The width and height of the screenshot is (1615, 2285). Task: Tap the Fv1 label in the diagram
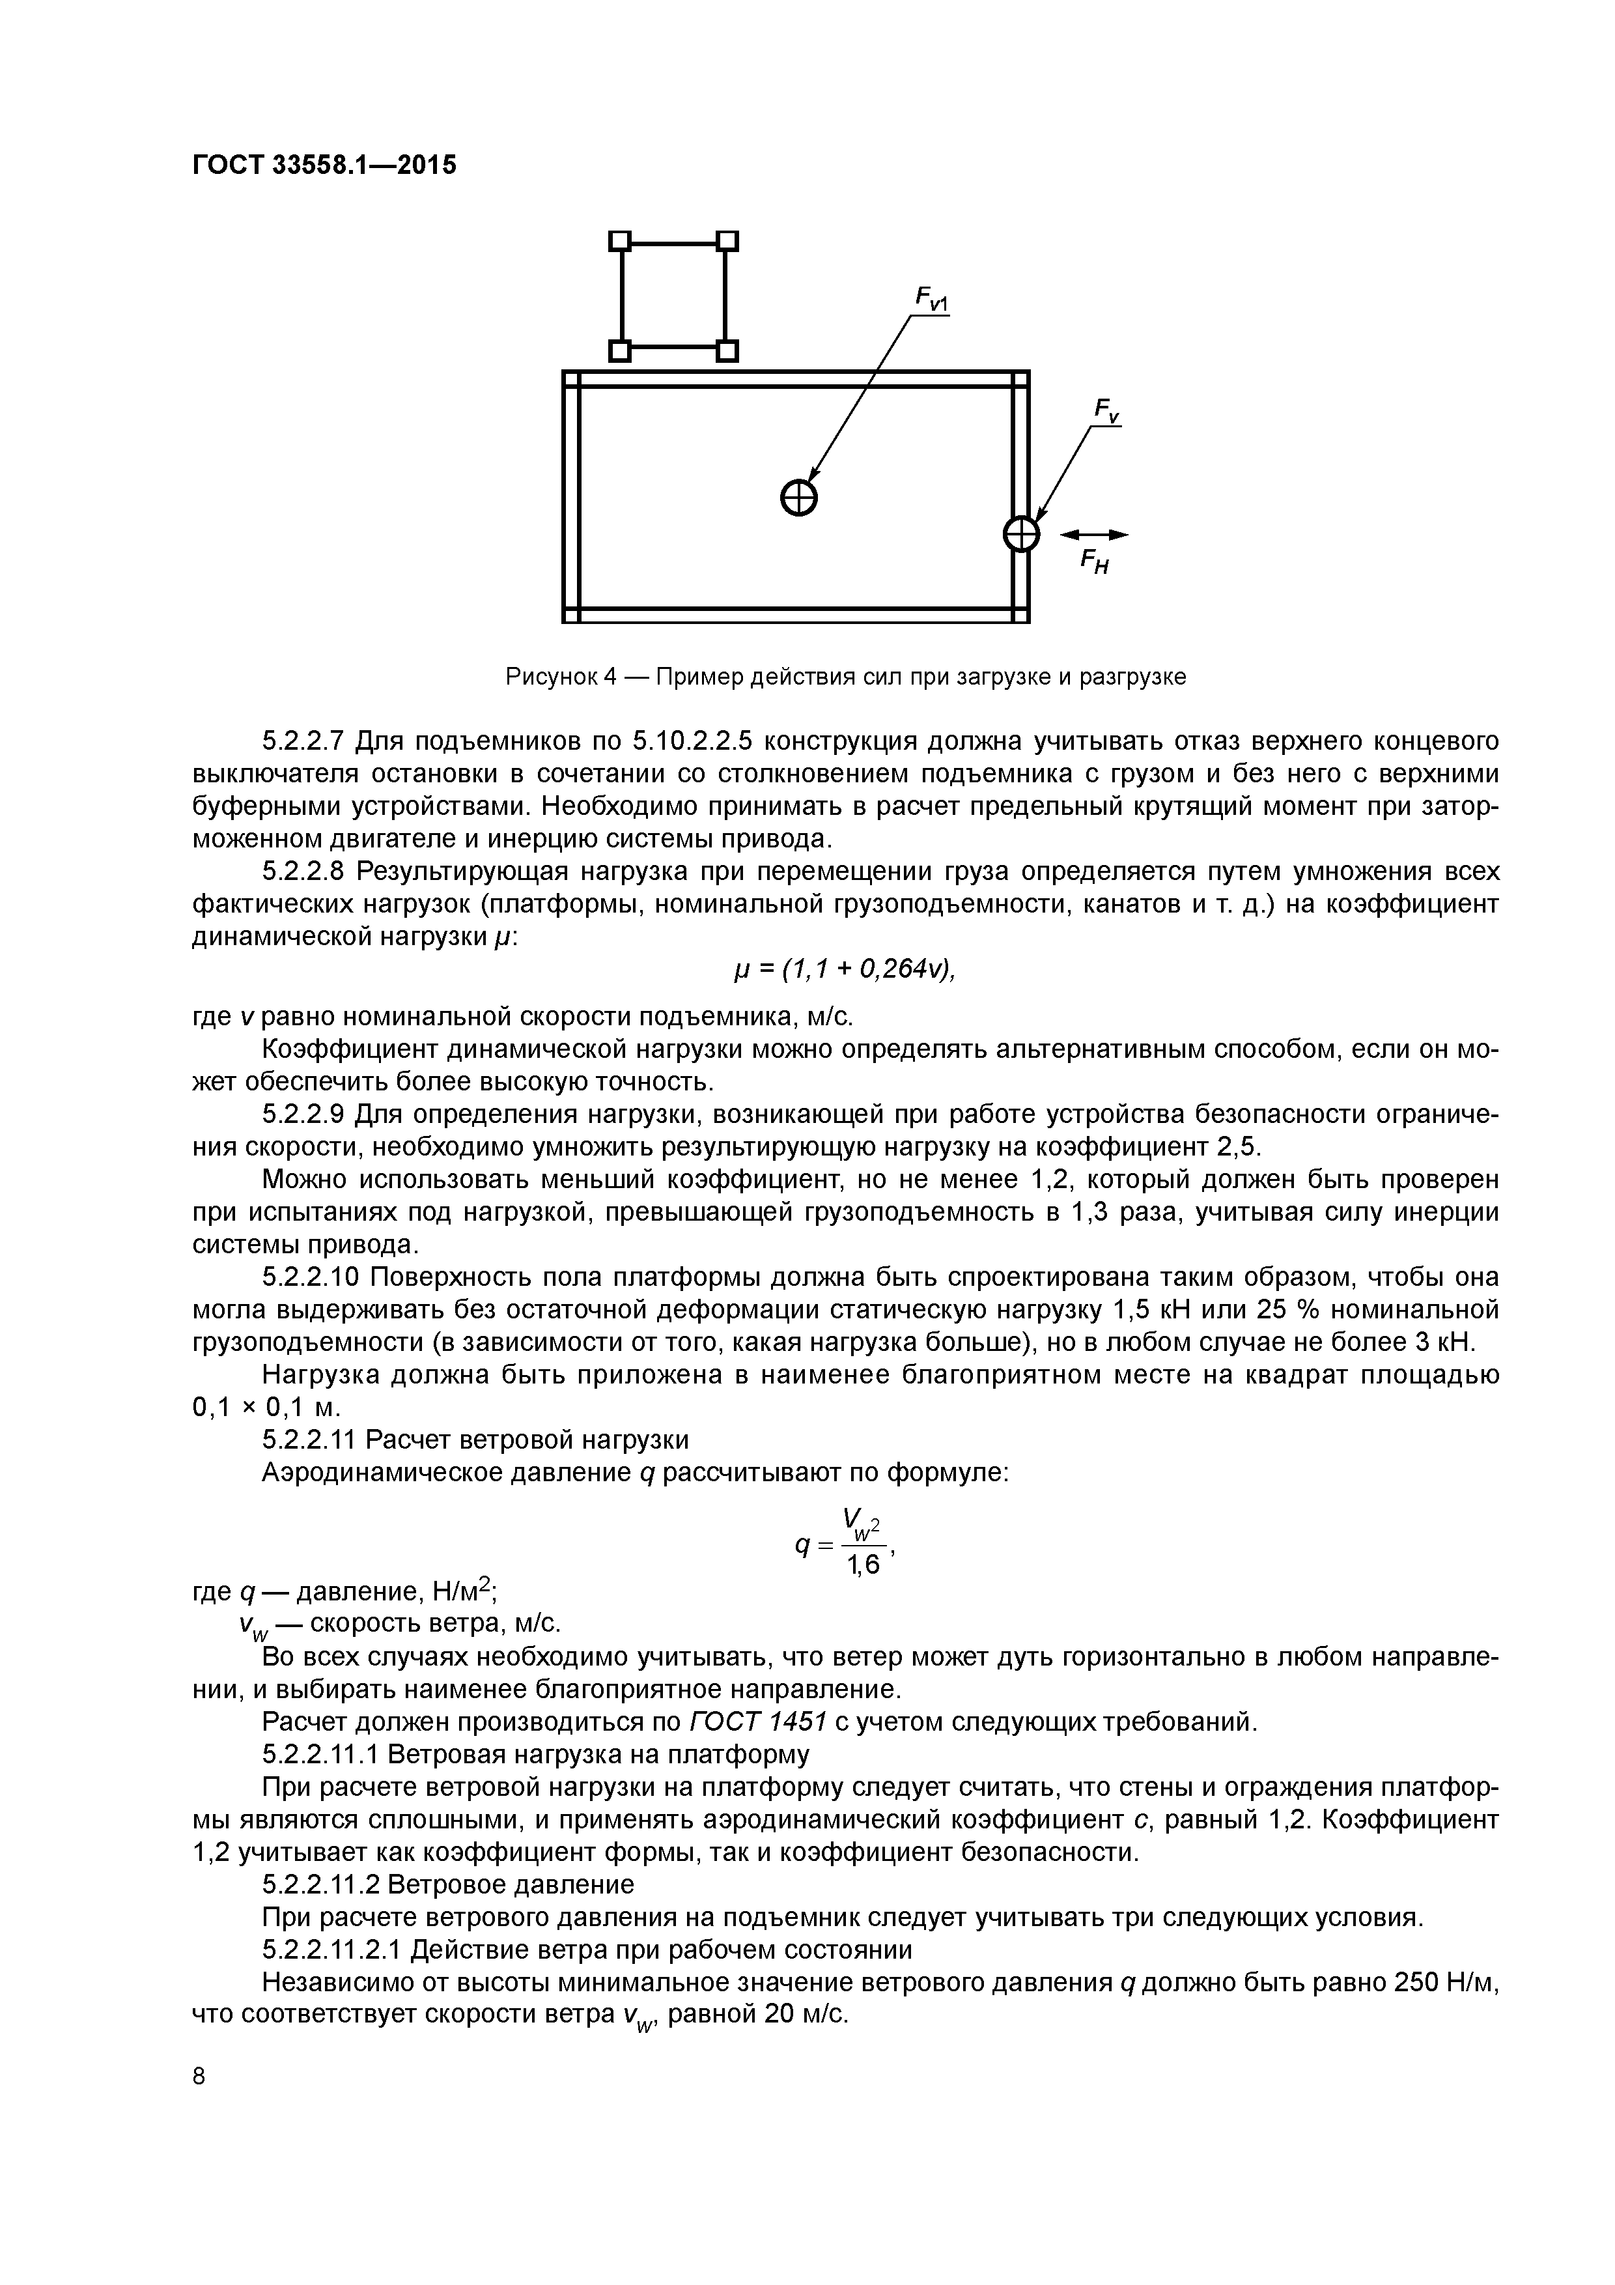click(x=931, y=298)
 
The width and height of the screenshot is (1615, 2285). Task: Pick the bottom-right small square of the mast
click(x=727, y=350)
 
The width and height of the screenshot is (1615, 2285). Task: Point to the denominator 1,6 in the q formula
click(x=863, y=1565)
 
